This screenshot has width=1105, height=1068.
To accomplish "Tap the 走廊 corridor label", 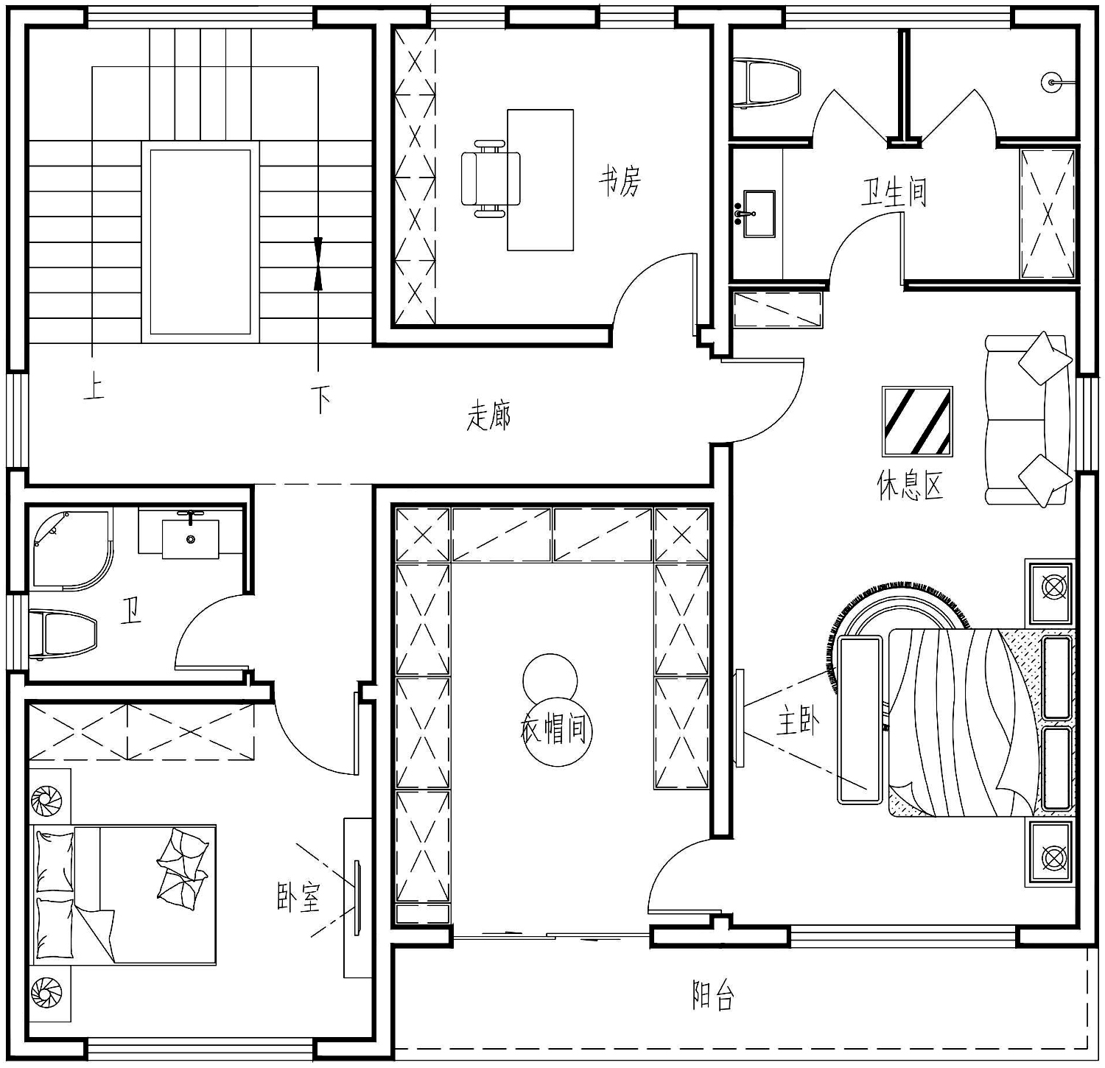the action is tap(488, 415).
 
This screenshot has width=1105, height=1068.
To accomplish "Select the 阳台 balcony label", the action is tap(713, 995).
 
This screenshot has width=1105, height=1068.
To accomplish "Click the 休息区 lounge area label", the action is tap(911, 485).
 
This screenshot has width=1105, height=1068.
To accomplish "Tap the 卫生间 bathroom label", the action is tap(894, 193).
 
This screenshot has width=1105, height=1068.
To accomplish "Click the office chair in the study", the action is tap(491, 178).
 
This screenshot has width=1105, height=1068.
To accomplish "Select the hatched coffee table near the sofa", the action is tap(917, 422).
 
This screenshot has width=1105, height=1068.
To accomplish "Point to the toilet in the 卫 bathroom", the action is tap(63, 633).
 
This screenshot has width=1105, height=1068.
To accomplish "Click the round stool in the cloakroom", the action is tap(550, 678).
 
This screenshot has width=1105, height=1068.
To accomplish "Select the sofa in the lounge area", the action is tap(1028, 420).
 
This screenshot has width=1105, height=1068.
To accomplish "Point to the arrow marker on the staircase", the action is tap(318, 263).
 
